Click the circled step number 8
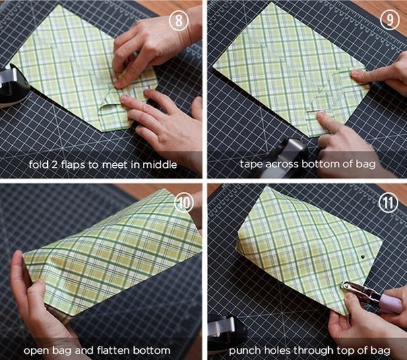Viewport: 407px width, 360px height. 179,20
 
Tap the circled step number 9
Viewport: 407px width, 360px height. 389,20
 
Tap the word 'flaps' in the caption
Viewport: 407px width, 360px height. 73,164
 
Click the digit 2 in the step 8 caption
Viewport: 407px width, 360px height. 55,165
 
